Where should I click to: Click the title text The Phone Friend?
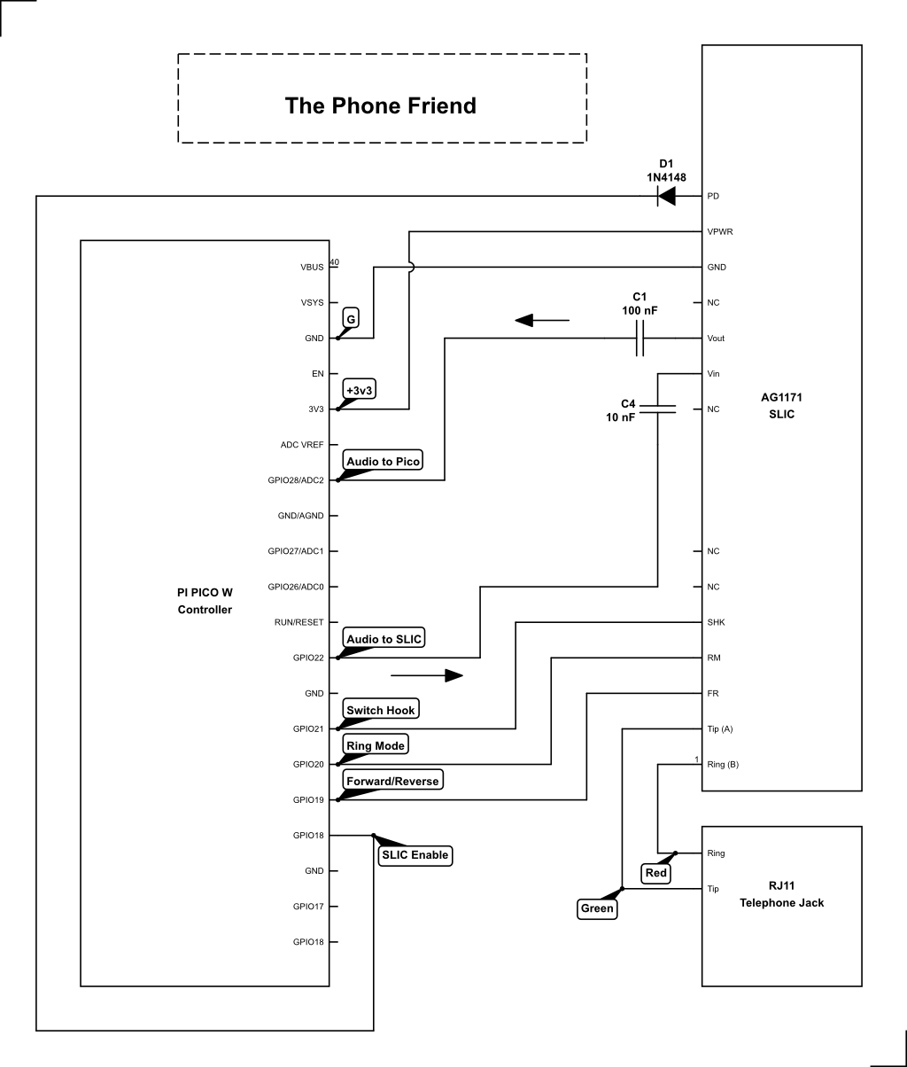[x=381, y=105]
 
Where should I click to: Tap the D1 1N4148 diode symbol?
[x=667, y=196]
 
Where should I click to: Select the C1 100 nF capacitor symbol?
[x=640, y=338]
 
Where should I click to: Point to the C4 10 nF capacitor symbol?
[x=657, y=409]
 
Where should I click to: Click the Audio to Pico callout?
[x=383, y=462]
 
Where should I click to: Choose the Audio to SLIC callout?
[x=384, y=639]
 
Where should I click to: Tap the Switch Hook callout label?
[x=380, y=710]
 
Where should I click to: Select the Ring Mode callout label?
[x=376, y=745]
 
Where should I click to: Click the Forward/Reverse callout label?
[x=391, y=781]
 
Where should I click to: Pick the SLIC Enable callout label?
[x=415, y=855]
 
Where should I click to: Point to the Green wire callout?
[x=596, y=908]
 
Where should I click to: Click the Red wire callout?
[x=655, y=873]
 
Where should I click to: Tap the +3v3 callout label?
[x=359, y=390]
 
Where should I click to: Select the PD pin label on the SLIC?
[x=713, y=196]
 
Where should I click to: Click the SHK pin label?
[x=716, y=622]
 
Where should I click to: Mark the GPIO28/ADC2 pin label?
[x=296, y=480]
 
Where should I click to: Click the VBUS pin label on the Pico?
[x=312, y=267]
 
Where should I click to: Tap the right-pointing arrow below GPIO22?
[x=427, y=675]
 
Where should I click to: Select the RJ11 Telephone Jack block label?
[x=781, y=895]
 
